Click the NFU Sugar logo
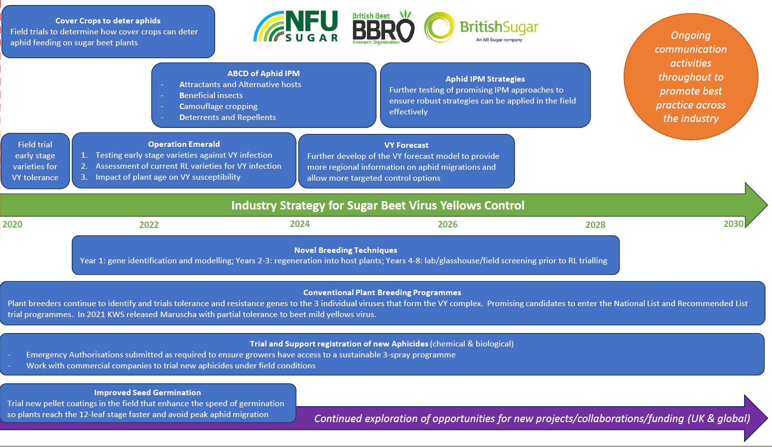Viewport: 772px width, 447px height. tap(296, 27)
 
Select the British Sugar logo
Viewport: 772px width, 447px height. tap(481, 28)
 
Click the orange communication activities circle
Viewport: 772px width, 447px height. tap(691, 77)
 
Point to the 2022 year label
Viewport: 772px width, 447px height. tap(149, 225)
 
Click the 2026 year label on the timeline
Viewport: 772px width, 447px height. tap(447, 224)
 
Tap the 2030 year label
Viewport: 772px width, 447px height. tap(733, 224)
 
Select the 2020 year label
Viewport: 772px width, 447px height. tap(12, 224)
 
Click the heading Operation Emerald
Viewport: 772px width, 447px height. tap(184, 144)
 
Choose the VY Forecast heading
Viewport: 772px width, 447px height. tap(406, 145)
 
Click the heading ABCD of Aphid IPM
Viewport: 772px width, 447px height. tap(263, 74)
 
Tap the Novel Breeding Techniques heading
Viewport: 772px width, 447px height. tap(346, 250)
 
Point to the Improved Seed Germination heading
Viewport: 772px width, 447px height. tap(147, 393)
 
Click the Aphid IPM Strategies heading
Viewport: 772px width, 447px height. tap(485, 79)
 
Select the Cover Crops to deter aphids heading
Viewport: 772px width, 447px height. tap(108, 21)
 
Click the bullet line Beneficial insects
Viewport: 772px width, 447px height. tap(211, 96)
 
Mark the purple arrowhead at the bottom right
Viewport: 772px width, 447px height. tap(755, 418)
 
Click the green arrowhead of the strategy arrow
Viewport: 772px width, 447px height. tap(756, 205)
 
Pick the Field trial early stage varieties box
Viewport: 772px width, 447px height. tap(35, 161)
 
